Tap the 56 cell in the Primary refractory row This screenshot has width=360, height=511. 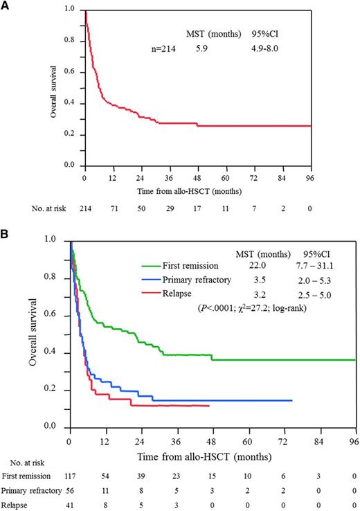(x=70, y=491)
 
